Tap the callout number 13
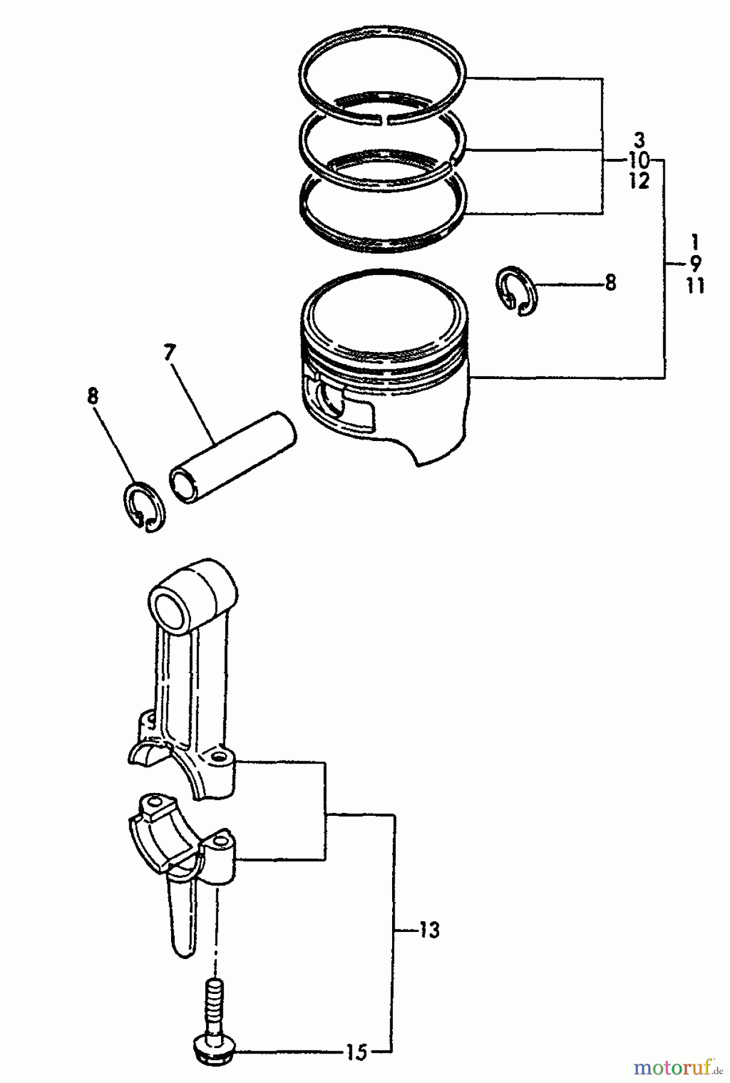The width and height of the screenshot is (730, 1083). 429,930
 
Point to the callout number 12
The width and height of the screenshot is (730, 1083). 640,181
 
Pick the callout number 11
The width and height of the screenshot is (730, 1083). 695,285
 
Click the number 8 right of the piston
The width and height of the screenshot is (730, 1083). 610,282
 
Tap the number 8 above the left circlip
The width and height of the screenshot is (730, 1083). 93,397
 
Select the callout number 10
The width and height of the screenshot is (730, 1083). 639,161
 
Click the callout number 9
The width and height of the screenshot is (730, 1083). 695,264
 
